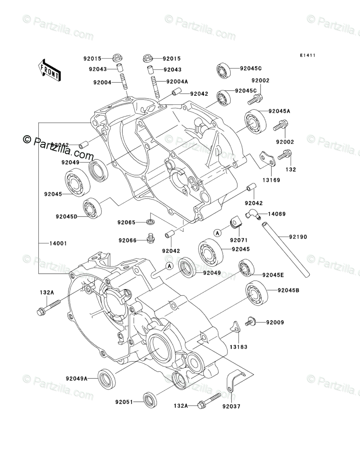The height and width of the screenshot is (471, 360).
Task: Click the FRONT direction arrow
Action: [x=50, y=70]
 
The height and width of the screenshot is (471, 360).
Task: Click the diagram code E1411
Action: [x=307, y=56]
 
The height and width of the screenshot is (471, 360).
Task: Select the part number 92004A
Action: [x=177, y=82]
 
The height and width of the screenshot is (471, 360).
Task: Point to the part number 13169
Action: [x=272, y=180]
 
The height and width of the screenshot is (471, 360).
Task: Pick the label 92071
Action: [x=238, y=240]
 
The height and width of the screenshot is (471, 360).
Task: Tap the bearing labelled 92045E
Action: [x=245, y=268]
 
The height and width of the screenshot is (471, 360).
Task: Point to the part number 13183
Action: [x=239, y=347]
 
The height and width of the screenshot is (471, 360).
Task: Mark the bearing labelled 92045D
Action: [x=92, y=208]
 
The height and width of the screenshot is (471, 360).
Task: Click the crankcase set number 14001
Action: [x=58, y=244]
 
